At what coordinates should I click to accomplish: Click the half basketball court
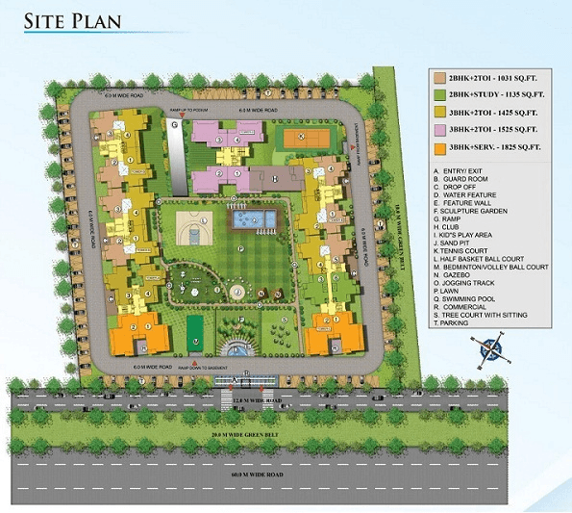point(191,228)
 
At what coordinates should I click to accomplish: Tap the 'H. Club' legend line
point(453,227)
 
